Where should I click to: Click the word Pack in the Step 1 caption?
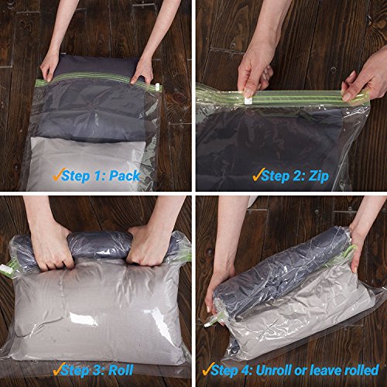(125, 176)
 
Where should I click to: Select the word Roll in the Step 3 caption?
(126, 370)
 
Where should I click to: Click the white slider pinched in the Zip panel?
(248, 100)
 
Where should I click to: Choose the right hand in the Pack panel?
(141, 71)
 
